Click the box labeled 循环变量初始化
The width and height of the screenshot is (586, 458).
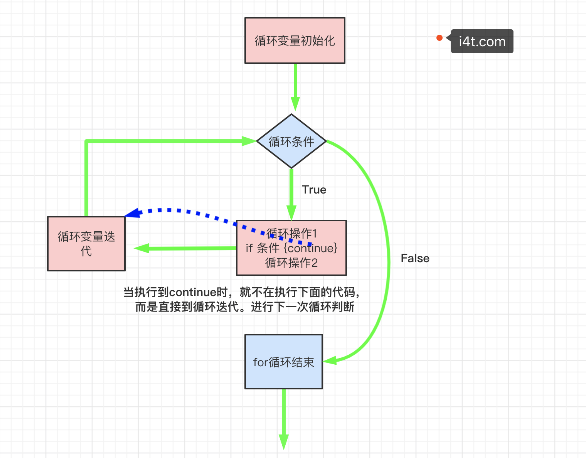pyautogui.click(x=295, y=40)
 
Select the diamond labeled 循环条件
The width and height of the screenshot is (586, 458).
pyautogui.click(x=291, y=141)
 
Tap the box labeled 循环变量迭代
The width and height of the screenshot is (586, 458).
pyautogui.click(x=86, y=244)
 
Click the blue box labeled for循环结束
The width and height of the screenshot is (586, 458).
pyautogui.click(x=284, y=362)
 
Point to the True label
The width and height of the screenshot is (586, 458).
pyautogui.click(x=314, y=190)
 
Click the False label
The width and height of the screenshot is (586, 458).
pyautogui.click(x=415, y=258)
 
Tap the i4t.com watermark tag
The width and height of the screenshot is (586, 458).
pyautogui.click(x=482, y=41)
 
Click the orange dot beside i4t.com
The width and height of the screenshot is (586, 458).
pyautogui.click(x=439, y=38)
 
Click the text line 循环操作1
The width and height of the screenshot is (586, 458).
pyautogui.click(x=291, y=234)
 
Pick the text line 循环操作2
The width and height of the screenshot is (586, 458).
pyautogui.click(x=291, y=263)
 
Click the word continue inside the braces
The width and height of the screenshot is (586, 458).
pyautogui.click(x=311, y=248)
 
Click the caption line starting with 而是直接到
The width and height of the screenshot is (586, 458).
pyautogui.click(x=244, y=307)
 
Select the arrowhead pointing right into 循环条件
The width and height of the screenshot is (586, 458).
pyautogui.click(x=249, y=141)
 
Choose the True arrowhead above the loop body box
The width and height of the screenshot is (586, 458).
pyautogui.click(x=291, y=213)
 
